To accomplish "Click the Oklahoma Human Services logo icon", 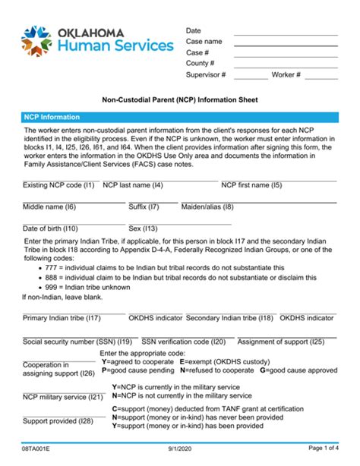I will point(37,39).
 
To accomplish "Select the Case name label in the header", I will point(204,42).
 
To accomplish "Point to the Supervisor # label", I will point(206,76).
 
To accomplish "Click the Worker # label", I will point(287,76).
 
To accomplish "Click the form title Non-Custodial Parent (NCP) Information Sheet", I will point(181,99).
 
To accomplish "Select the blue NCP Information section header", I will point(180,118).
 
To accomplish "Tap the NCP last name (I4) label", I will point(133,184).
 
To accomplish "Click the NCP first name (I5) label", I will point(251,184).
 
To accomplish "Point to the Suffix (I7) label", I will point(144,206).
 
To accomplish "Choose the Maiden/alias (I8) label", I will point(207,206).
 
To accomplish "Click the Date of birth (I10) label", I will point(50,228).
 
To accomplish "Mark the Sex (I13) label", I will point(143,228).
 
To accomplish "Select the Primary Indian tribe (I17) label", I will point(62,318).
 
